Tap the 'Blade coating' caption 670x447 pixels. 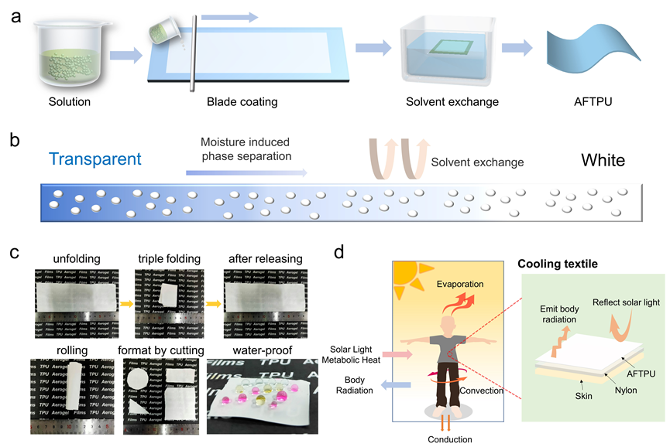(231, 101)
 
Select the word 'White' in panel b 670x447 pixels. (603, 161)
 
